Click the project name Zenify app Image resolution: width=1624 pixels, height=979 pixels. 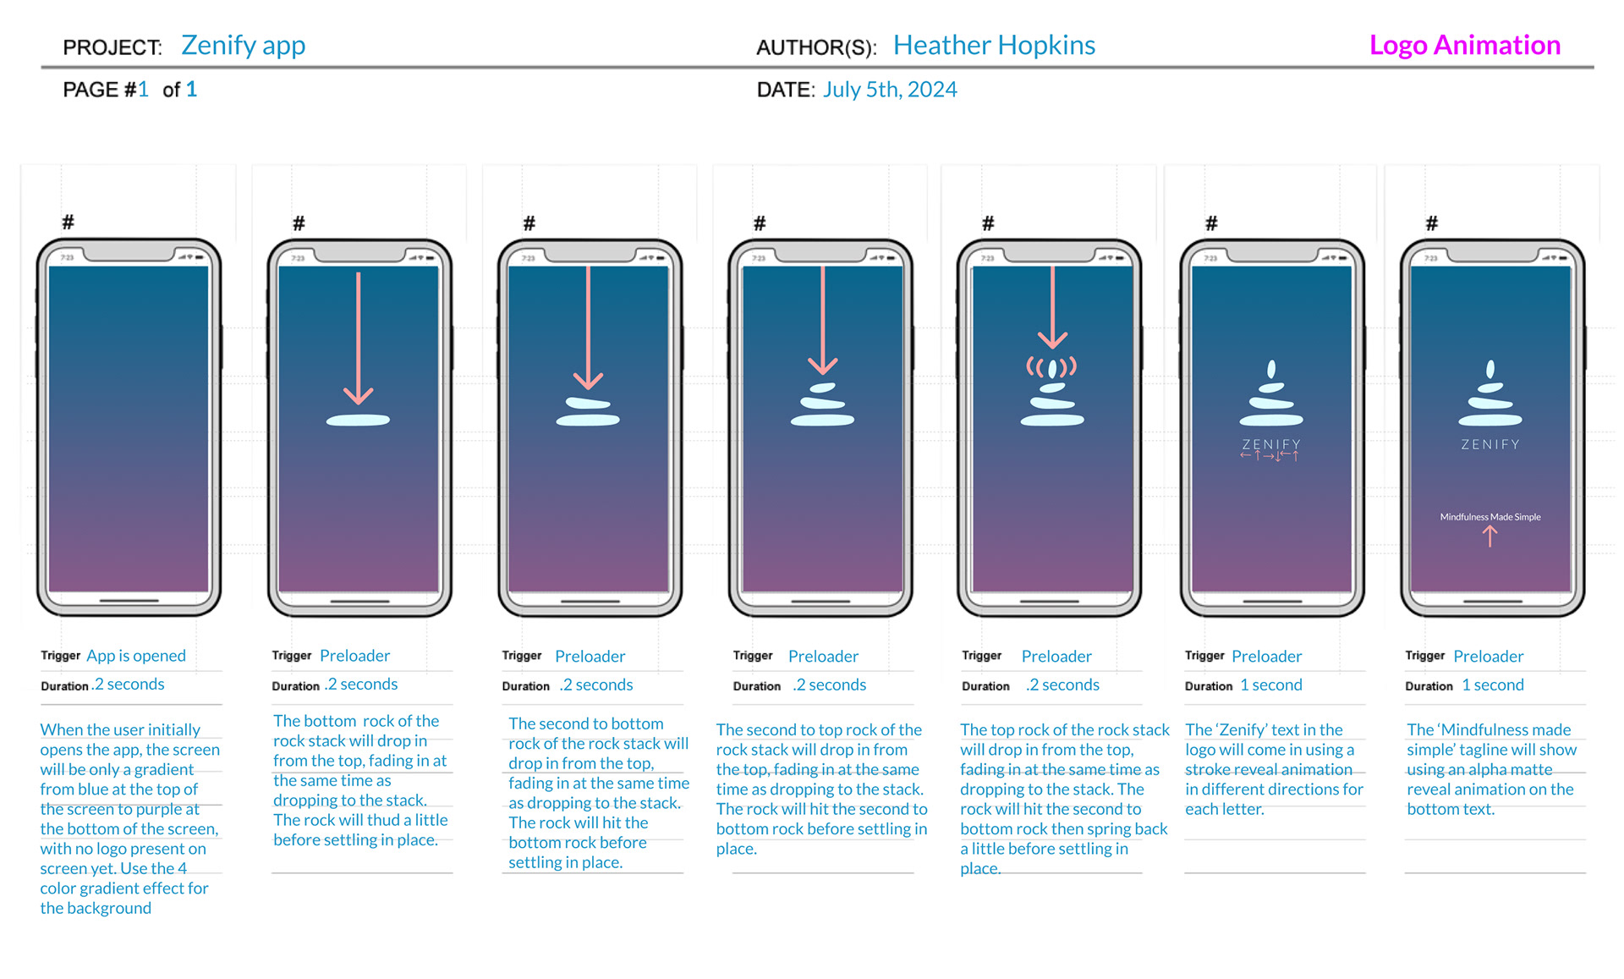[x=243, y=45]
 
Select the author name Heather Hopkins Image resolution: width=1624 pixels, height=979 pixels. [x=994, y=45]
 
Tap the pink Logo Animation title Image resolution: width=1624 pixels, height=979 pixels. [x=1464, y=45]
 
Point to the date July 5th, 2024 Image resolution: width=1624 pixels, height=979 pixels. [x=890, y=90]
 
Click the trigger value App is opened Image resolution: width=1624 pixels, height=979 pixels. [x=135, y=656]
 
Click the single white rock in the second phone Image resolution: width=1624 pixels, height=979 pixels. [x=358, y=420]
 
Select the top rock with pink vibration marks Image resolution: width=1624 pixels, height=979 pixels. [x=1051, y=368]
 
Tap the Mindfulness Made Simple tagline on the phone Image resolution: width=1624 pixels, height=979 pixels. [x=1490, y=517]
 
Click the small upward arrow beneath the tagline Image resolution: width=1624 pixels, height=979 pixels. [x=1490, y=536]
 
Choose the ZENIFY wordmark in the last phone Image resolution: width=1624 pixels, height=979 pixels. [x=1490, y=444]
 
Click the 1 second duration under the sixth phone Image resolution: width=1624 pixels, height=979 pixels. [x=1270, y=685]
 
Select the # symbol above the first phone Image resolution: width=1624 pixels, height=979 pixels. [x=68, y=223]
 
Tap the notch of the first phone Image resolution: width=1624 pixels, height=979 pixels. [x=129, y=253]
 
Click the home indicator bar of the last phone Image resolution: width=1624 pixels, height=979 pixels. [x=1492, y=601]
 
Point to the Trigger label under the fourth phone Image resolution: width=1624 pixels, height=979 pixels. [x=752, y=656]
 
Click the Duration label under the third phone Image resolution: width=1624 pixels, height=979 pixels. [x=525, y=686]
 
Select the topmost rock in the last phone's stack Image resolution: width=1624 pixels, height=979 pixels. [x=1490, y=369]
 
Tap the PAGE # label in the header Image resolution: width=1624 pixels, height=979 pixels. [x=99, y=90]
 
